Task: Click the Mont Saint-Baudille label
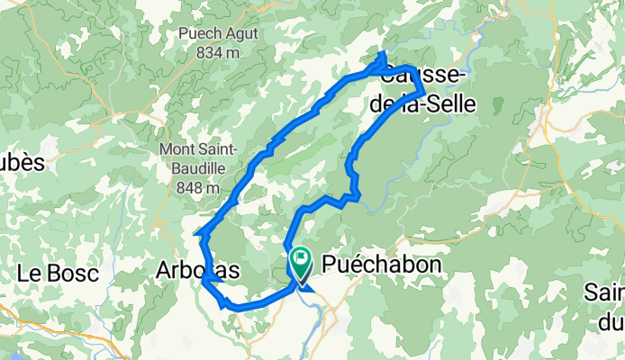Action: pos(198,157)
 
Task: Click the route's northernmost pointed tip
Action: pos(382,56)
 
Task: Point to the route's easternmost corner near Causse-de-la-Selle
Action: pos(423,93)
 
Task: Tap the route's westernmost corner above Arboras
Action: pos(198,235)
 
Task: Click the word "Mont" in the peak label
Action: pos(177,148)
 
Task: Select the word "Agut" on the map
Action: pos(241,34)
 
